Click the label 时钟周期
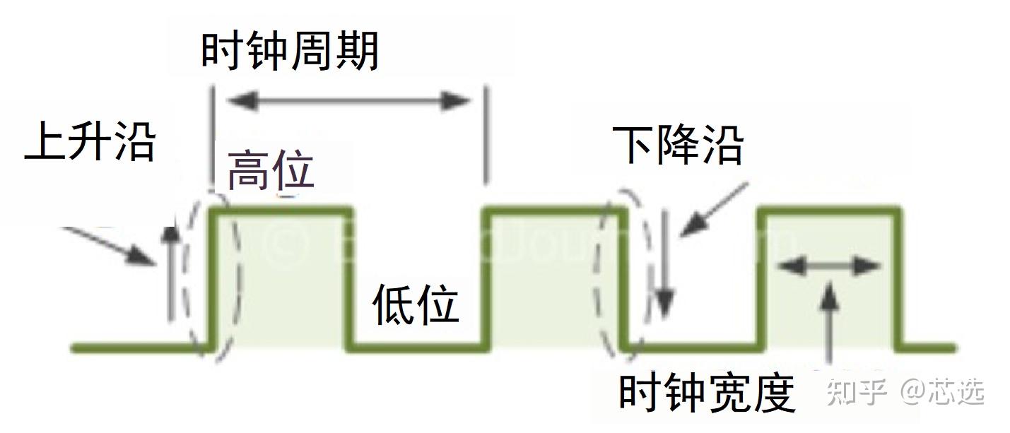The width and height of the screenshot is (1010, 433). point(290,51)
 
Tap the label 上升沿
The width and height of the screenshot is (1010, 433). point(90,142)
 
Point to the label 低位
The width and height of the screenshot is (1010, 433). point(416,304)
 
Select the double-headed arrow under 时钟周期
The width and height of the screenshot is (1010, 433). point(349,101)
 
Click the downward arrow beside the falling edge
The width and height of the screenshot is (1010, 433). point(663,268)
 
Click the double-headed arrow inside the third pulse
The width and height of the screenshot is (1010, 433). point(830,266)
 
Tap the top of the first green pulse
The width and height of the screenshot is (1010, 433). point(283,209)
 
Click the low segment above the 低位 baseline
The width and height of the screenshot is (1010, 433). point(417,347)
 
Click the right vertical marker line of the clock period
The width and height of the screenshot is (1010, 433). point(485,134)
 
